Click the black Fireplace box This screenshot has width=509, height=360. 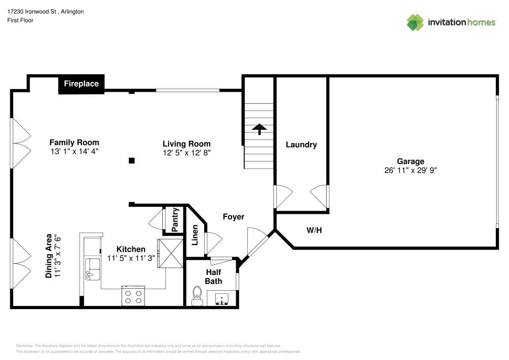pos(81,84)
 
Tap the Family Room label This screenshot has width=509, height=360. pos(74,143)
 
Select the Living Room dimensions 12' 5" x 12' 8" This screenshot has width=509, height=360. pos(186,152)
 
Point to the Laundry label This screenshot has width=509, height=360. pos(301,145)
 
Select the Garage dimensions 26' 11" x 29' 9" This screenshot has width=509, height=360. pos(411,171)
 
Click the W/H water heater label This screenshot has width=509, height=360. pos(314,230)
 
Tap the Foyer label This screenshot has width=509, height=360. pos(234,217)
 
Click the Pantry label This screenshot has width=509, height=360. pos(175,219)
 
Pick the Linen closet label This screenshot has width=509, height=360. pos(195,235)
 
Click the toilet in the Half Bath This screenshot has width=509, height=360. pos(197,295)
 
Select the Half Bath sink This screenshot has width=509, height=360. pos(222,298)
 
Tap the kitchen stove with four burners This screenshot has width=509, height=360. pos(133,296)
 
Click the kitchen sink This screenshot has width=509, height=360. pos(93,268)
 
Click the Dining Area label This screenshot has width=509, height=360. pos(53,256)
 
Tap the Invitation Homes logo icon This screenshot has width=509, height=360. pos(415,22)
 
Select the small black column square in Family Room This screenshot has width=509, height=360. pos(131,160)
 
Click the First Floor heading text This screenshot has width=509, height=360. pos(20,20)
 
